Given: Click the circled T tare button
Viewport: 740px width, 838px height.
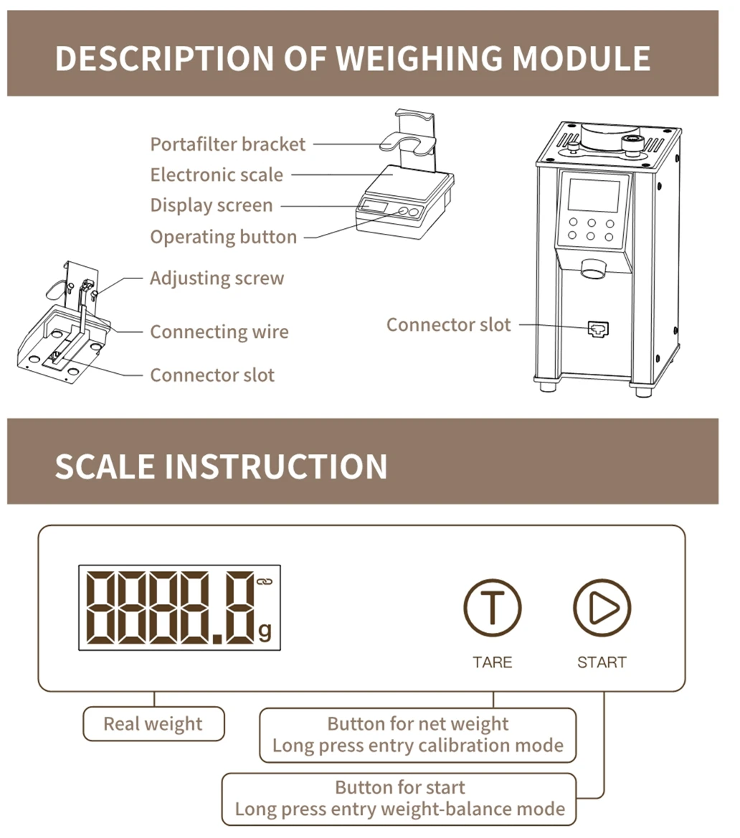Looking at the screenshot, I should [492, 608].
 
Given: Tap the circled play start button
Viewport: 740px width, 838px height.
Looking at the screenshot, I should [602, 608].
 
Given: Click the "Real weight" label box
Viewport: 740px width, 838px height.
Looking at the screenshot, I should [153, 723].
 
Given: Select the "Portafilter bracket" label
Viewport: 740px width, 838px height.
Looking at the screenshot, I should [227, 144].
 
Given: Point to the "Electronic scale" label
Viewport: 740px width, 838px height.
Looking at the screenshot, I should [217, 175].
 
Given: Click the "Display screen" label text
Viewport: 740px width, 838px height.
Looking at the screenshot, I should [212, 206].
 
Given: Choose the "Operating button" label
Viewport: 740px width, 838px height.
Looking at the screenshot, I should [223, 237].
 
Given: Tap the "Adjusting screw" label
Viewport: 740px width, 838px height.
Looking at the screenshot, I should [217, 278].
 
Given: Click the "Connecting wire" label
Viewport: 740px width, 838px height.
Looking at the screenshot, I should [219, 332].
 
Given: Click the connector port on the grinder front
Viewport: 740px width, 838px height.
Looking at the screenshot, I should [597, 328].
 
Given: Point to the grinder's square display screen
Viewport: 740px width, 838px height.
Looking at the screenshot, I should [594, 196].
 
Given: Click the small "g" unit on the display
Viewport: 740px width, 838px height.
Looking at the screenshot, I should [265, 631].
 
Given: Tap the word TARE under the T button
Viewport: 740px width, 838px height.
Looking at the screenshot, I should [492, 662].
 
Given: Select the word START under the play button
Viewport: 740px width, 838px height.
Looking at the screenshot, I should [602, 662].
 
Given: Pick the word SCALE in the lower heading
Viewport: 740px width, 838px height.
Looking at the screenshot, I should [105, 466].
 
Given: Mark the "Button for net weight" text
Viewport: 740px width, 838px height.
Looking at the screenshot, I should [417, 724].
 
